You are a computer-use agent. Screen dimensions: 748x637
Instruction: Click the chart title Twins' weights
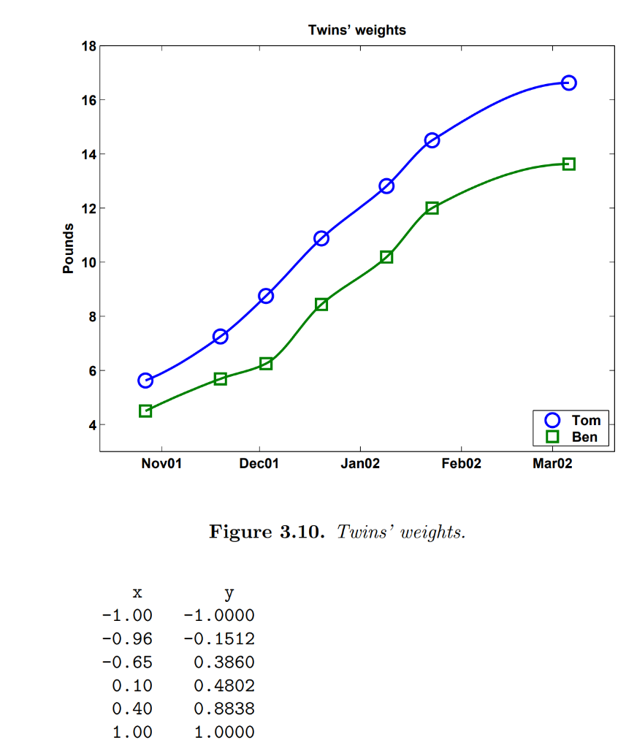356,30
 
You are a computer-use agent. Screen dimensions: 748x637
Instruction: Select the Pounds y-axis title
69,248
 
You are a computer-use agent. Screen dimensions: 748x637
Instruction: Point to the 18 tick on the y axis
88,47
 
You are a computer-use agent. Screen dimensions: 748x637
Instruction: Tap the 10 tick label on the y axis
88,262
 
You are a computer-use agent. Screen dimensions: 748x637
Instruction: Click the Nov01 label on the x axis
161,464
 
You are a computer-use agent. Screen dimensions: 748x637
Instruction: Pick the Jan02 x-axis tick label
360,464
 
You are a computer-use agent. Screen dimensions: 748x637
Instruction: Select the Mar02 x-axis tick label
552,464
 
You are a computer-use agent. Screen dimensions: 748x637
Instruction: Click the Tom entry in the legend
585,420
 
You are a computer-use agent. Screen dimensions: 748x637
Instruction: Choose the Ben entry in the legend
584,437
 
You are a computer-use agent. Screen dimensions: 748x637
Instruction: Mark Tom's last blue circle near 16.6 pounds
568,83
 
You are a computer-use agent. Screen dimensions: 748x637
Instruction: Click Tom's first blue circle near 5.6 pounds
145,380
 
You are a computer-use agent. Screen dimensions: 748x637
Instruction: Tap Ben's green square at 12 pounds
432,207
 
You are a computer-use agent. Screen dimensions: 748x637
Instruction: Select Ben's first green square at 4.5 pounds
145,411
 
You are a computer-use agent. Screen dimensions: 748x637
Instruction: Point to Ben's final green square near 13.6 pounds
568,164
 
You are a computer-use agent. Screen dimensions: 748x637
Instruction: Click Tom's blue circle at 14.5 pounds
432,140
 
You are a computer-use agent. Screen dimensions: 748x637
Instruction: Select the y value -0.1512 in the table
218,639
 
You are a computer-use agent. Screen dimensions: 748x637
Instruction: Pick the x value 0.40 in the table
132,709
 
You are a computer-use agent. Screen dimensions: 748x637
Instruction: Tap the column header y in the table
229,592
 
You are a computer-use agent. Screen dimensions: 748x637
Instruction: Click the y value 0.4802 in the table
224,685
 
